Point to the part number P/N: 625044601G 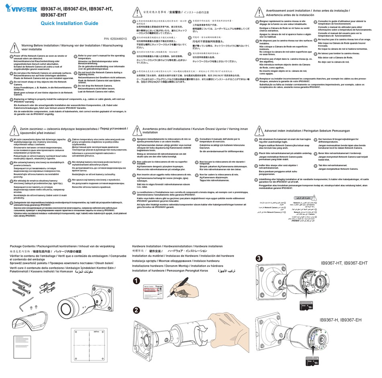(115, 39)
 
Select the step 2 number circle (137, 310)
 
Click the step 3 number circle (260, 258)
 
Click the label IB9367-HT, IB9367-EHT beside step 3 (344, 263)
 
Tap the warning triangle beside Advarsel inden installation (259, 131)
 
